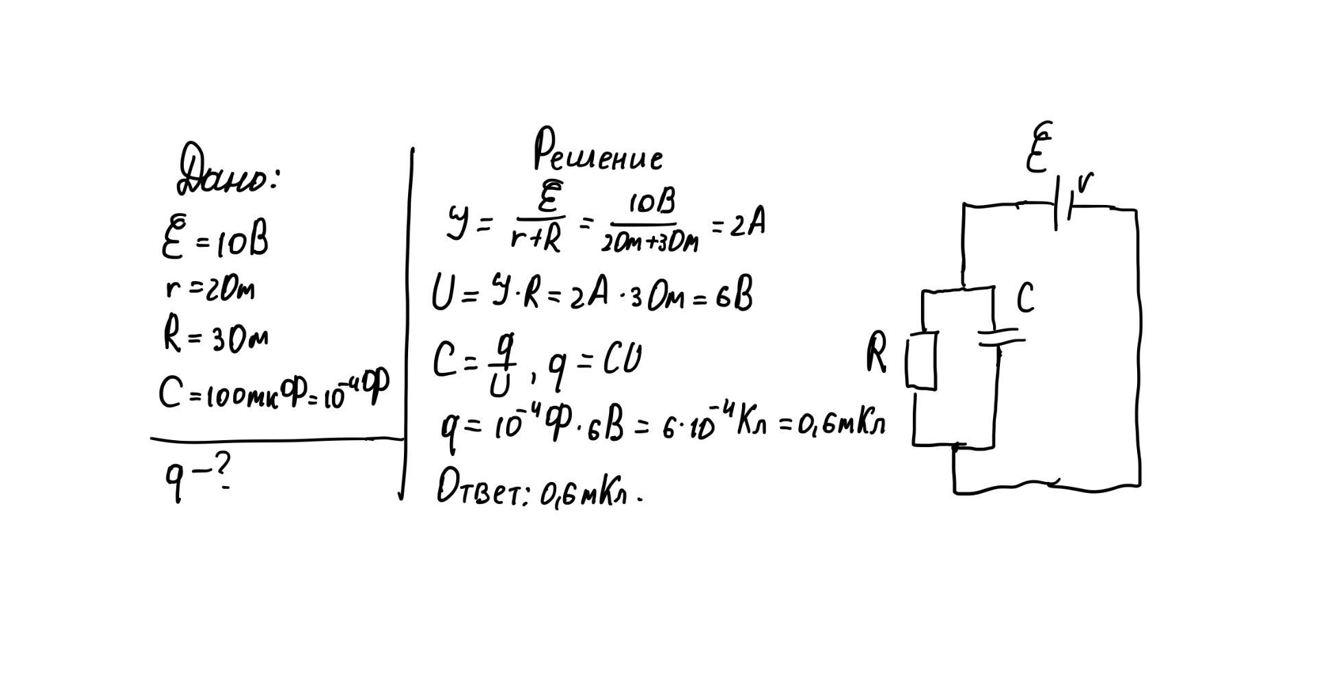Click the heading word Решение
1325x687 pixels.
598,151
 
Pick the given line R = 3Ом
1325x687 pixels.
215,336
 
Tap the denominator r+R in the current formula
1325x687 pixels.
536,239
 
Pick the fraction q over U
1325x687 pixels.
501,370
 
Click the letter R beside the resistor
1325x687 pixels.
876,353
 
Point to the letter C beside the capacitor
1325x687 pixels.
1025,298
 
